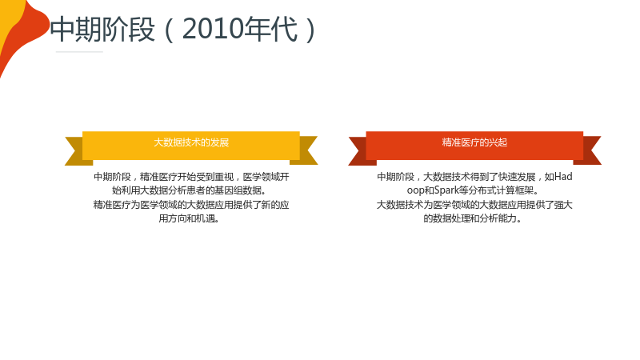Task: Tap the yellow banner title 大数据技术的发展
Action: click(191, 142)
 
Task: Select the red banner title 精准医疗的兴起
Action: click(474, 142)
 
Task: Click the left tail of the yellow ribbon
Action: click(74, 150)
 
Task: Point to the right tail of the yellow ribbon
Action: click(307, 150)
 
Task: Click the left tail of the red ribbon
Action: click(358, 150)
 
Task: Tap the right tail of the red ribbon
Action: click(591, 150)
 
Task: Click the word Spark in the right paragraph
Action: click(446, 190)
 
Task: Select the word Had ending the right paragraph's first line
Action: click(563, 177)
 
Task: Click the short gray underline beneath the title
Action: click(79, 52)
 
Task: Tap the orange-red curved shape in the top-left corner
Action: click(25, 34)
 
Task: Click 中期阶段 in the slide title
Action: click(102, 30)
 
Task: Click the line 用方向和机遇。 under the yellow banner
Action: click(190, 218)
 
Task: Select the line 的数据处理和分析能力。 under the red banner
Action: click(473, 218)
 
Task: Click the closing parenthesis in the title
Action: click(310, 30)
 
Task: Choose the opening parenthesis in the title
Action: click(169, 30)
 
